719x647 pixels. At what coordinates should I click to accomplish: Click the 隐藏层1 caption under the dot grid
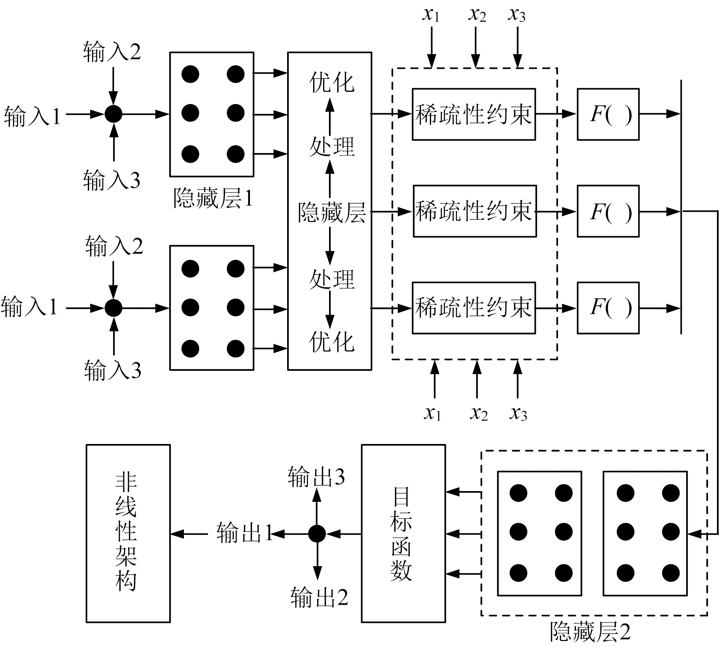pos(213,198)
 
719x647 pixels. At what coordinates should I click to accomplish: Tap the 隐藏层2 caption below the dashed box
pos(590,632)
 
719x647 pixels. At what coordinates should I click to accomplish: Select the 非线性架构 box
pos(128,533)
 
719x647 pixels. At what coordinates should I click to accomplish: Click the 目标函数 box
pos(403,533)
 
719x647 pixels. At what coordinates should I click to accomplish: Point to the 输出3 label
pos(316,477)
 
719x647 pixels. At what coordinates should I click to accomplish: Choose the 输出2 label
pos(319,597)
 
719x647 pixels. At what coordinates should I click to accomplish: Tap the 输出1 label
pos(244,533)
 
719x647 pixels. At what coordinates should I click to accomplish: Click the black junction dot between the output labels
pos(317,534)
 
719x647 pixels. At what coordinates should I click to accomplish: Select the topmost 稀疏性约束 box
pos(473,114)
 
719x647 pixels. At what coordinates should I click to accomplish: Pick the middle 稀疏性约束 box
pos(475,211)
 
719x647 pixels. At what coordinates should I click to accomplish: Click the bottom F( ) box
pos(608,308)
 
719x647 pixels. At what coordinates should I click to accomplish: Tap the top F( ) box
pos(608,114)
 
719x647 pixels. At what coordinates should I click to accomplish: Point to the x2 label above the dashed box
pos(477,15)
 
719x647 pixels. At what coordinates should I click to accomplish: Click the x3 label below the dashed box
pos(518,414)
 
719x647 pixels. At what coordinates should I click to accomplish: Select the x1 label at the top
pos(431,15)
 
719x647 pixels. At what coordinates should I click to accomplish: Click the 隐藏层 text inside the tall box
pos(331,213)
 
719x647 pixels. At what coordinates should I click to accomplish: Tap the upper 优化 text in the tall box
pos(331,82)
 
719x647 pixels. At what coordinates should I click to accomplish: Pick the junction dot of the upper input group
pos(114,114)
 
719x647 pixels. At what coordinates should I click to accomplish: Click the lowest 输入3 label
pos(113,370)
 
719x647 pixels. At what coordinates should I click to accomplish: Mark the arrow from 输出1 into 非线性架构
pos(189,534)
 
